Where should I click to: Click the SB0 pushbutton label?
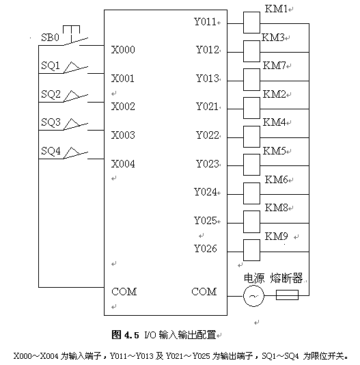pos(51,38)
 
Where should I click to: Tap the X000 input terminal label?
pos(123,50)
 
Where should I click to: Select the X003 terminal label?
pos(123,135)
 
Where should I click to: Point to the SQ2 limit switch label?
pos(51,94)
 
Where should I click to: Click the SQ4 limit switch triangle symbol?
pos(72,153)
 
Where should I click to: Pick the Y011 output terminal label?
pos(205,22)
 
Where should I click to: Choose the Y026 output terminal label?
pos(205,249)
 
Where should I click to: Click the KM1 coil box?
pos(251,23)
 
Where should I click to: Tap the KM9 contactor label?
pos(277,236)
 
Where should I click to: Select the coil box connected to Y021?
pos(251,108)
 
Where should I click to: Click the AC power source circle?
pos(253,296)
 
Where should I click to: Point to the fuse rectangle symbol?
pos(287,295)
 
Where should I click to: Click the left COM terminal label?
pos(124,292)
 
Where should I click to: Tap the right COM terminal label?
pos(204,292)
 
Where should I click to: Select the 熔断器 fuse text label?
pos(286,278)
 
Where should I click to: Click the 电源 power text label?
pos(254,278)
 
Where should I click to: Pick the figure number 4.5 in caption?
pos(131,336)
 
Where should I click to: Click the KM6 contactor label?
pos(277,180)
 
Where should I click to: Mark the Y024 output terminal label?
pos(205,192)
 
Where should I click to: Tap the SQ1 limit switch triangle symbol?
pos(72,68)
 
